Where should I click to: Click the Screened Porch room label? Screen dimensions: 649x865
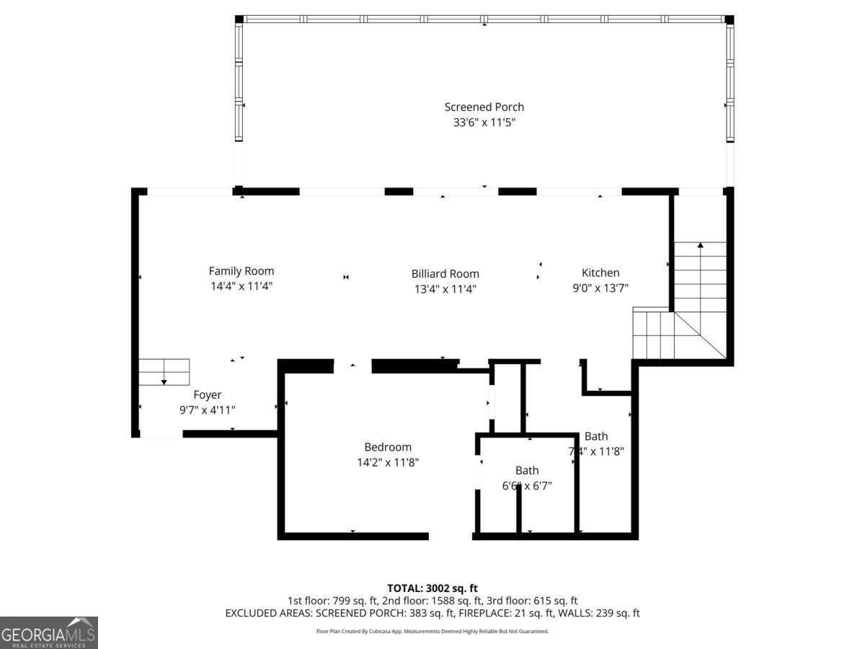(484, 107)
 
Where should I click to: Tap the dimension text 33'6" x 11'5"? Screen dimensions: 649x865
(484, 123)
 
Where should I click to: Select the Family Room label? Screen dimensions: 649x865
(241, 271)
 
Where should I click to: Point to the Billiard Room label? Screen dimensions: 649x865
(445, 273)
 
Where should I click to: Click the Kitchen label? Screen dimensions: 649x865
(600, 273)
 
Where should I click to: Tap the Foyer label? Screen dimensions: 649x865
(207, 394)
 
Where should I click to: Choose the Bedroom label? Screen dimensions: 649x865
(388, 447)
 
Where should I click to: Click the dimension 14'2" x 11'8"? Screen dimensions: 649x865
(388, 462)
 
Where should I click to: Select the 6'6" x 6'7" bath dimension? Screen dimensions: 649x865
(527, 486)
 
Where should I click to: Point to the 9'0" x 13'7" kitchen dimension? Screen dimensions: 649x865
(600, 288)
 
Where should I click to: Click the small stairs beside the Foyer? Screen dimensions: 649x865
(164, 372)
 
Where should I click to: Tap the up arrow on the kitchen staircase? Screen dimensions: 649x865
(700, 246)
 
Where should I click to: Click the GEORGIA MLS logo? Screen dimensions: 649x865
(48, 632)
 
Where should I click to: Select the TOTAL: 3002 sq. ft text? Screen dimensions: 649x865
(432, 588)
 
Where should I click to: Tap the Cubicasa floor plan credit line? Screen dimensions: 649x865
(432, 631)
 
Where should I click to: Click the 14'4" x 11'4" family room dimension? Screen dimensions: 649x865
(241, 286)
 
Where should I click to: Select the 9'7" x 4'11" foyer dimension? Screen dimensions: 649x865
(207, 410)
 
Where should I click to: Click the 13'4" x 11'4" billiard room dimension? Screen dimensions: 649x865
(445, 288)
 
